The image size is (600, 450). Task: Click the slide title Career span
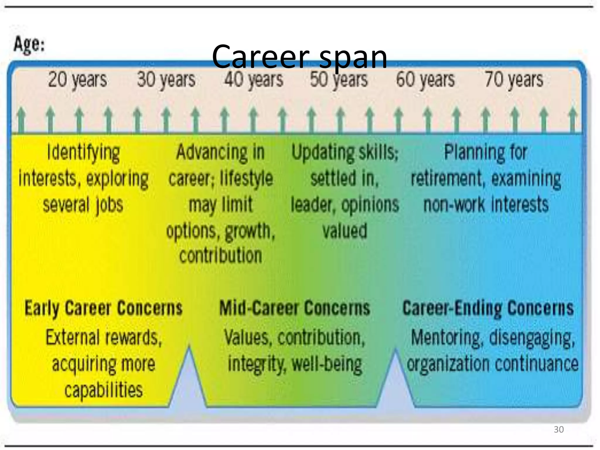pos(299,56)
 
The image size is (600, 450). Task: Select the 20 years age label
pos(77,80)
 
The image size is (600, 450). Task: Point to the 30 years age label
pos(166,80)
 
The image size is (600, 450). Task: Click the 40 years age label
pos(254,80)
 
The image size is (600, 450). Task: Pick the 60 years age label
pos(425,80)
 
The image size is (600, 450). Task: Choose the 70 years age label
pos(514,80)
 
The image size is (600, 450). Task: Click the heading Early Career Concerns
pos(103,308)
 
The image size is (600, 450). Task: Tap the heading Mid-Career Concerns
pos(295,308)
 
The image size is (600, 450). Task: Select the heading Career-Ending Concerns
pos(488,308)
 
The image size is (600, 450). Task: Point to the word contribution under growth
pos(221,255)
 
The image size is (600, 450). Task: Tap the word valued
pos(345,231)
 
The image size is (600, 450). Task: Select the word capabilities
pos(103,390)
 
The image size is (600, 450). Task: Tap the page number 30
pos(558,429)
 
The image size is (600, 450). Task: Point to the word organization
pos(448,364)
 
